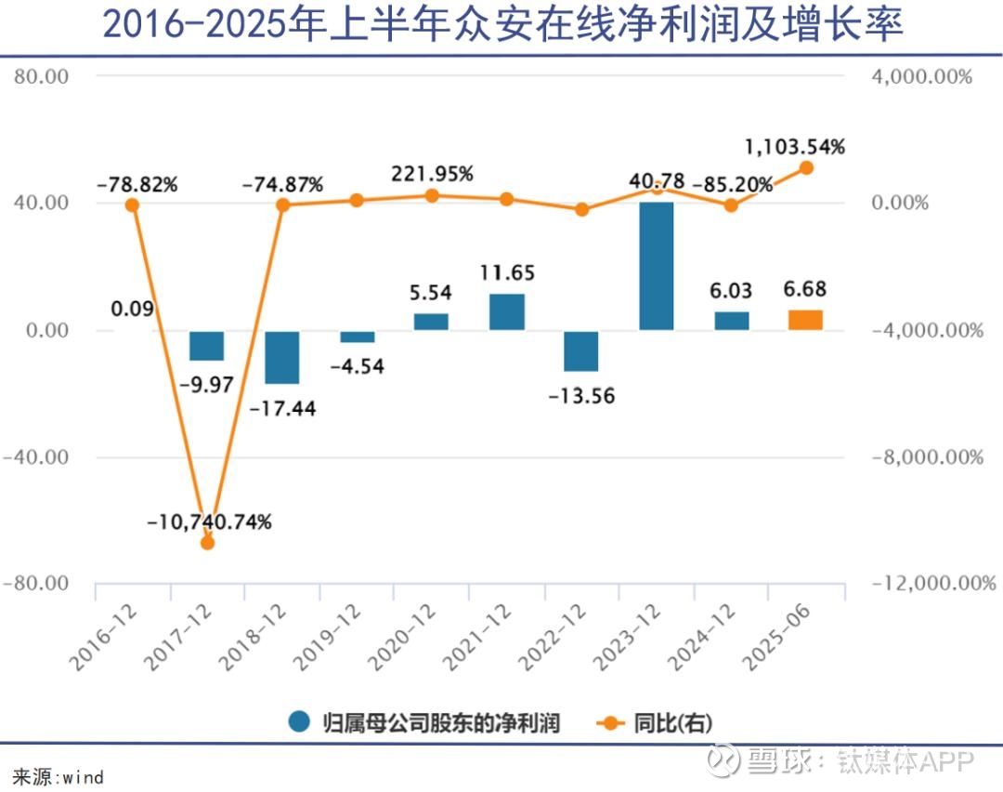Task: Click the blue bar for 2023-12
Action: click(x=656, y=266)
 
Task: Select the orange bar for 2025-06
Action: click(x=805, y=320)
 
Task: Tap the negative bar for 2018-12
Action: click(x=281, y=357)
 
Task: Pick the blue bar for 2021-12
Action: click(x=506, y=311)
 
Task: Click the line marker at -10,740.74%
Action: click(x=207, y=543)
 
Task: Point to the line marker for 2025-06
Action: click(x=806, y=168)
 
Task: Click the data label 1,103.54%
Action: click(x=795, y=147)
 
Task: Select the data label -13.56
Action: click(x=581, y=395)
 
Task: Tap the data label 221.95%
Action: click(x=432, y=174)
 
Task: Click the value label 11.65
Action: click(x=507, y=273)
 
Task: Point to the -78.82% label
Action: click(x=137, y=184)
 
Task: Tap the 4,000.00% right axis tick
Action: click(x=922, y=76)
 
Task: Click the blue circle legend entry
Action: click(x=299, y=722)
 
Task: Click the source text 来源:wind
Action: click(x=58, y=776)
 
